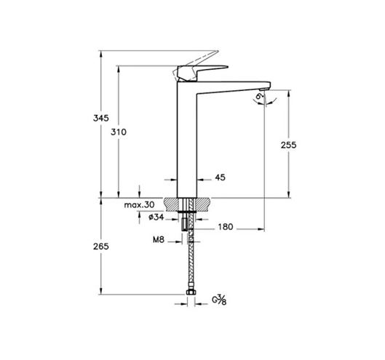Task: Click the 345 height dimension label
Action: (x=100, y=118)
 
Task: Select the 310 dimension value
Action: (x=119, y=132)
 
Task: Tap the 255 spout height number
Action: (x=288, y=145)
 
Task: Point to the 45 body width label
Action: (x=220, y=177)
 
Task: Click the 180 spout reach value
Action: (x=225, y=227)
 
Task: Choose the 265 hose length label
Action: (x=100, y=246)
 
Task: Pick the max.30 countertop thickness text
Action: (x=139, y=204)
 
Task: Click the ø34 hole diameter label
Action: (x=156, y=217)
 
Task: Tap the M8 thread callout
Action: (x=159, y=239)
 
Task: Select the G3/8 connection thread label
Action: (x=219, y=300)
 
